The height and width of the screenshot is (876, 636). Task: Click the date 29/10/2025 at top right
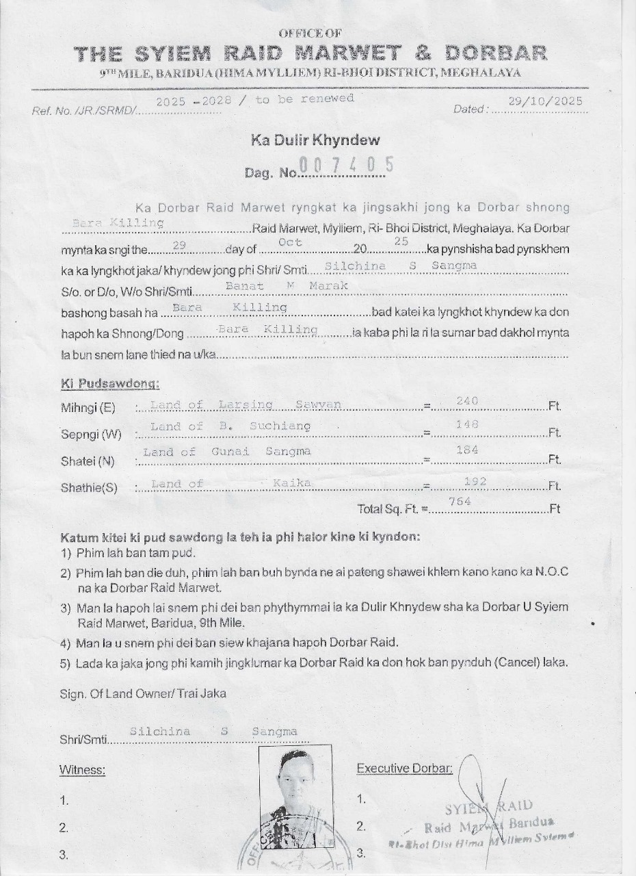tap(545, 101)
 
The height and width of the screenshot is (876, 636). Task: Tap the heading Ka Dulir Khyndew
tap(315, 141)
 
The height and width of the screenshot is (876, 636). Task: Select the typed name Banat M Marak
tap(287, 285)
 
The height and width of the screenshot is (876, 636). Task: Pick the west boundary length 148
tap(467, 425)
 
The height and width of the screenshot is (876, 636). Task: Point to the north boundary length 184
tap(467, 450)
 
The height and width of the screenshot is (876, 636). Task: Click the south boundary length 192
tap(475, 482)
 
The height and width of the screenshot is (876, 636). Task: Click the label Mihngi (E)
tap(88, 409)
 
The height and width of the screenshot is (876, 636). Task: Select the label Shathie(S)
tap(89, 488)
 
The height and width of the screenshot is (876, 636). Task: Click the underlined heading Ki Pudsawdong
tap(110, 384)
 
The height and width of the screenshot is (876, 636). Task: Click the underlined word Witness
tap(82, 770)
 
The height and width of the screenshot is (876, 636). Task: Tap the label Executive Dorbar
tap(404, 769)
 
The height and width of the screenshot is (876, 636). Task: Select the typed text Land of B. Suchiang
tap(230, 427)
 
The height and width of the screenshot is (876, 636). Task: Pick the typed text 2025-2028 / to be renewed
tap(254, 100)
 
